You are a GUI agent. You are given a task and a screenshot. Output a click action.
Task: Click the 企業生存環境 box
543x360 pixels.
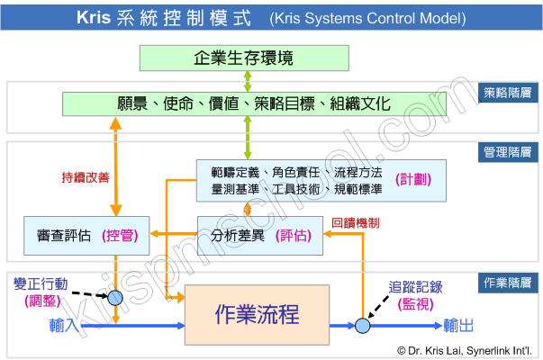(244, 58)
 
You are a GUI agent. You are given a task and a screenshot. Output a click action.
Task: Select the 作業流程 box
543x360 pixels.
(257, 314)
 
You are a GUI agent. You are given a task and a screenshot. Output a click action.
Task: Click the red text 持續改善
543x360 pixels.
(86, 177)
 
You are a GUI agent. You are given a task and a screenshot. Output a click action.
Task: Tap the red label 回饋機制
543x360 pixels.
(356, 221)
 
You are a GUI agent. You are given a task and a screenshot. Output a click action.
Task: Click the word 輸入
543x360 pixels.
(67, 324)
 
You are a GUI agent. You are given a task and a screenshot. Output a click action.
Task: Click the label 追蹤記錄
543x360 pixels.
(414, 287)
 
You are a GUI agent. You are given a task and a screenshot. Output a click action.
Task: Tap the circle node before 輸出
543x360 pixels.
(362, 325)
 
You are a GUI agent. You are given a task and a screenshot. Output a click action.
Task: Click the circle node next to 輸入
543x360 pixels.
(113, 325)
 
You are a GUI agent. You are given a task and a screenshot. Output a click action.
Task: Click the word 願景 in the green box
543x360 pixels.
(132, 103)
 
